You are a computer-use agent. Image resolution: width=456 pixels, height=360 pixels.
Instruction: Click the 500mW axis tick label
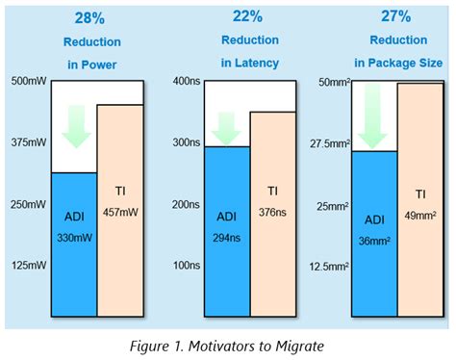pos(27,81)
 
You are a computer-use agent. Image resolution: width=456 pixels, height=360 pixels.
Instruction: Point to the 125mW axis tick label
pos(27,264)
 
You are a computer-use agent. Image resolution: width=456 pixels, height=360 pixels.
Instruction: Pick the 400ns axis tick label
pos(185,81)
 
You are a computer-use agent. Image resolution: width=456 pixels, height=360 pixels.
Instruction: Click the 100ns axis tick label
pos(185,264)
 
